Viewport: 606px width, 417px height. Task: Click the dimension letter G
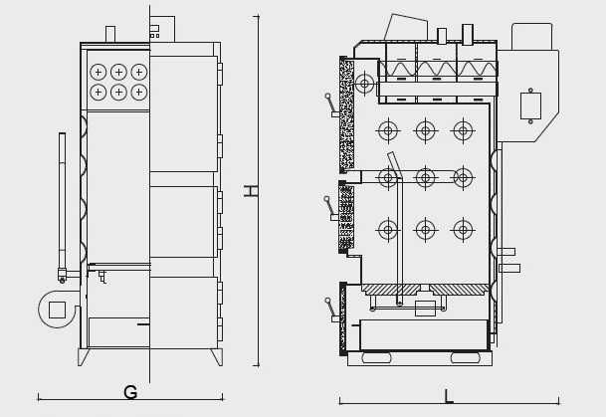(129, 393)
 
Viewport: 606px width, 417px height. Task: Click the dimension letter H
(251, 190)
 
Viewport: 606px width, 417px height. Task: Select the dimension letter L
(448, 397)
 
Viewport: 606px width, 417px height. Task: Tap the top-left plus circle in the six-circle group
(98, 72)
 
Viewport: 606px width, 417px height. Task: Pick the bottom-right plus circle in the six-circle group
(138, 92)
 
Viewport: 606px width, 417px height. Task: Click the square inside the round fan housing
(57, 310)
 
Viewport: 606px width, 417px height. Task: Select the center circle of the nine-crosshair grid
(425, 178)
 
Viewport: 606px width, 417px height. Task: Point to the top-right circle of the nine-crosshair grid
(463, 130)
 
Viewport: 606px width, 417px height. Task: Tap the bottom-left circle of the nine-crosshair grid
(387, 229)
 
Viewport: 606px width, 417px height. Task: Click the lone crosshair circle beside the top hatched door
(364, 84)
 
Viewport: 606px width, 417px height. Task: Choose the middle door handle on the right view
(330, 207)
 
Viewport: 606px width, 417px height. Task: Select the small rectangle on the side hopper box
(530, 105)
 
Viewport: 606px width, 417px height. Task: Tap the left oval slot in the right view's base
(376, 357)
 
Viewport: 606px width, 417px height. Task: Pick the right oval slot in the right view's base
(465, 357)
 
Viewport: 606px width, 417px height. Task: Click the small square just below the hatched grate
(425, 309)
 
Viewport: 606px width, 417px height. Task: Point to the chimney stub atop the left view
(109, 34)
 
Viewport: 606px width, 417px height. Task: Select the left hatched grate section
(391, 290)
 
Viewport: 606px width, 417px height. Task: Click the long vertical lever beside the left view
(62, 199)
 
